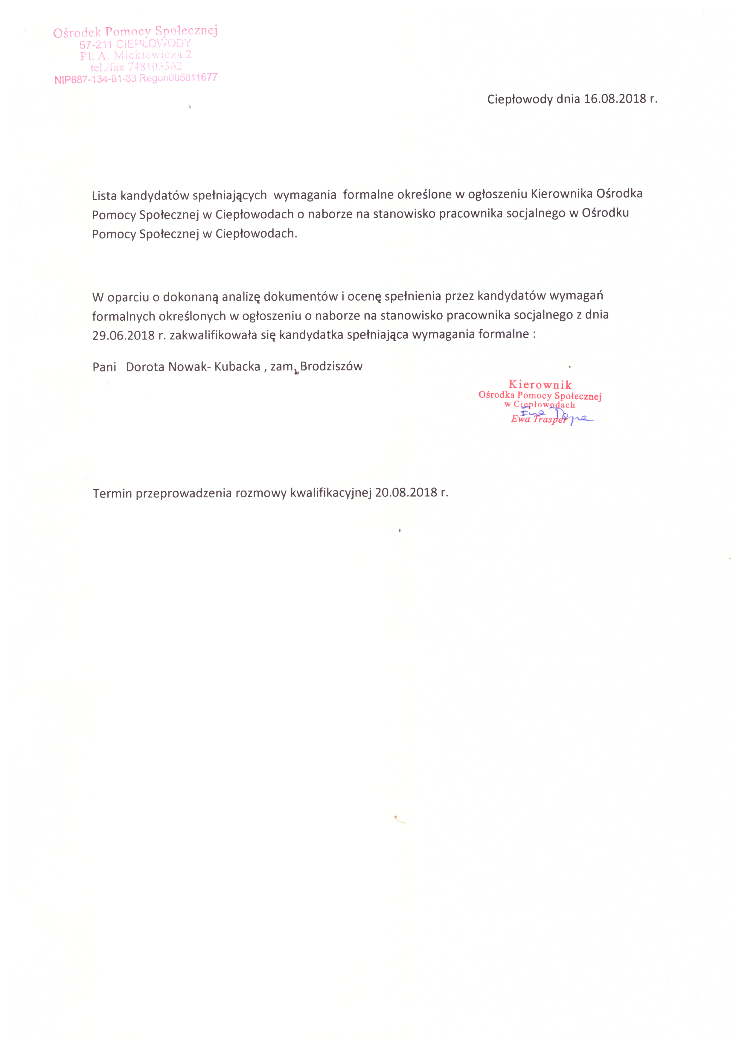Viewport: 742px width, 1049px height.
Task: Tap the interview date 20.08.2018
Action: pyautogui.click(x=406, y=493)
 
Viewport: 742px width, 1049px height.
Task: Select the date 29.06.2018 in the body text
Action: pyautogui.click(x=123, y=335)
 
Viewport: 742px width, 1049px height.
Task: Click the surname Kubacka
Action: pyautogui.click(x=237, y=366)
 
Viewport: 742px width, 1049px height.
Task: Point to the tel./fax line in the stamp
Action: pyautogui.click(x=136, y=67)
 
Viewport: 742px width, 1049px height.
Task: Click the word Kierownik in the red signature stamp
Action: pyautogui.click(x=540, y=385)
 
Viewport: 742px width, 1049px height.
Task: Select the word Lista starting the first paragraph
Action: pyautogui.click(x=104, y=196)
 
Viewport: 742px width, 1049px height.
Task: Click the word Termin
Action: pyautogui.click(x=112, y=494)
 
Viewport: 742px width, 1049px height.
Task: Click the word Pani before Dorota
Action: pyautogui.click(x=104, y=367)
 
